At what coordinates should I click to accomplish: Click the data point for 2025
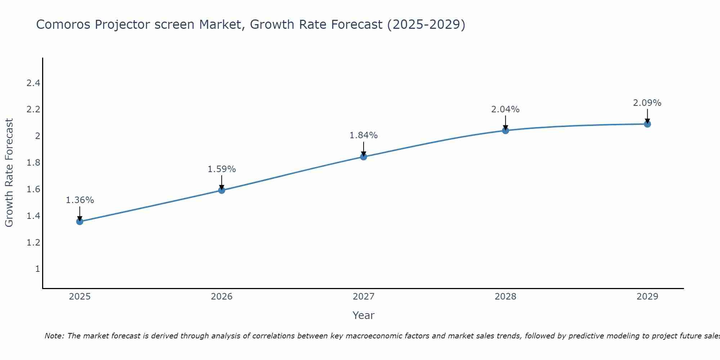(x=80, y=221)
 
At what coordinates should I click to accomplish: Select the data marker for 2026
(x=222, y=190)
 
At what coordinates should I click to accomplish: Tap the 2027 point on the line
(x=364, y=157)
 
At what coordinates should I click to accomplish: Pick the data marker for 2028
(x=505, y=130)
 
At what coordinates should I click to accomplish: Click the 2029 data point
(x=647, y=124)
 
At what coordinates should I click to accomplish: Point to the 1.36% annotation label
(x=80, y=200)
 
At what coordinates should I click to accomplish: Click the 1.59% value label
(x=222, y=169)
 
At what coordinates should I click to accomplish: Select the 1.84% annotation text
(x=364, y=135)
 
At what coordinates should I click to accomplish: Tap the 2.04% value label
(x=505, y=109)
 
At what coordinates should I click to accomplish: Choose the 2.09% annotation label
(x=647, y=103)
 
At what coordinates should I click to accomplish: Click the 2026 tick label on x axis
(x=222, y=297)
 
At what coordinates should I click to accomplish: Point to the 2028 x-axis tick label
(x=505, y=297)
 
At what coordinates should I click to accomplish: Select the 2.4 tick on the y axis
(x=33, y=83)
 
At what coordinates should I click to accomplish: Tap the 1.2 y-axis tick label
(x=33, y=242)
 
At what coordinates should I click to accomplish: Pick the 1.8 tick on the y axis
(x=33, y=163)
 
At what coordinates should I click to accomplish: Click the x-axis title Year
(x=364, y=315)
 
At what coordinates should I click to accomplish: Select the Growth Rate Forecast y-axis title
(x=9, y=173)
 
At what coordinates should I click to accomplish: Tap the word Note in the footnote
(x=54, y=336)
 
